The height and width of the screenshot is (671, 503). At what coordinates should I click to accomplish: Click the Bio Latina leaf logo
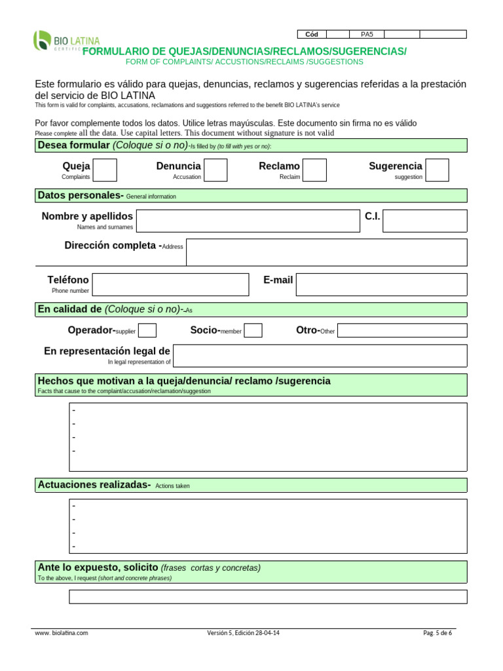pyautogui.click(x=42, y=40)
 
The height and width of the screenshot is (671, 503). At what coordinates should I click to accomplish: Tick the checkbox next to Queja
pyautogui.click(x=106, y=170)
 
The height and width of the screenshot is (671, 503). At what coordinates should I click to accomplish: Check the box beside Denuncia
pyautogui.click(x=216, y=170)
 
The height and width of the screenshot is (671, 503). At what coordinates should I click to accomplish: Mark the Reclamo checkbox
pyautogui.click(x=314, y=170)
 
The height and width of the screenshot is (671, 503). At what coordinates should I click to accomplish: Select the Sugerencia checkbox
pyautogui.click(x=438, y=170)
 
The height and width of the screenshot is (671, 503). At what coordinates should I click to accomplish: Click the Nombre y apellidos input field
pyautogui.click(x=248, y=221)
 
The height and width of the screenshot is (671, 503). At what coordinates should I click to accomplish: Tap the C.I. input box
pyautogui.click(x=424, y=221)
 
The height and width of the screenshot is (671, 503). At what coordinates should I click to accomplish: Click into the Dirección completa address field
pyautogui.click(x=326, y=252)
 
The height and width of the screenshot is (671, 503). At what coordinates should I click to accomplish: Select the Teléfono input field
pyautogui.click(x=171, y=284)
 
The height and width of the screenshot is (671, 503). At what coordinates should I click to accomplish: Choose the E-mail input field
pyautogui.click(x=381, y=284)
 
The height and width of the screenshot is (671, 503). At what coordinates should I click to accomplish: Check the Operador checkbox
pyautogui.click(x=147, y=330)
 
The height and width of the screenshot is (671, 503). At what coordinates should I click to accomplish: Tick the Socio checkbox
pyautogui.click(x=253, y=330)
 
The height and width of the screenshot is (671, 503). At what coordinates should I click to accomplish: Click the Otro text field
pyautogui.click(x=402, y=330)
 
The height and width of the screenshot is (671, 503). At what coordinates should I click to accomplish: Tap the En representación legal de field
pyautogui.click(x=320, y=356)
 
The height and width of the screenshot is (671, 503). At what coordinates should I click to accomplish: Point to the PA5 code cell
pyautogui.click(x=367, y=34)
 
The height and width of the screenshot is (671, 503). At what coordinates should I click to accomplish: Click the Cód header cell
pyautogui.click(x=312, y=34)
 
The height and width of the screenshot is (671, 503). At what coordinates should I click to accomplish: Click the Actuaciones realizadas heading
pyautogui.click(x=94, y=485)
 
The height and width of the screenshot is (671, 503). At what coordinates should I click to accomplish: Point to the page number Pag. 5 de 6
pyautogui.click(x=438, y=633)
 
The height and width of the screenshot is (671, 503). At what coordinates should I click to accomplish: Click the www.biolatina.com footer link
pyautogui.click(x=61, y=633)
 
